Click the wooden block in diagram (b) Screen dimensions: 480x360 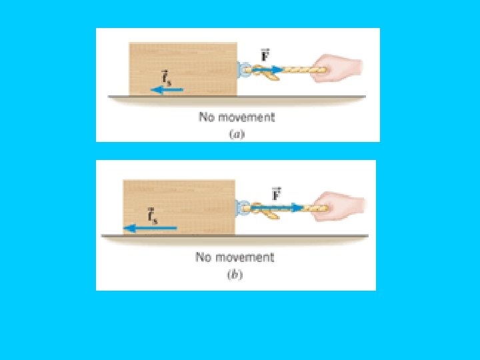pyautogui.click(x=179, y=207)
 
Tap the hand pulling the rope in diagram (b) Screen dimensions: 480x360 pyautogui.click(x=339, y=203)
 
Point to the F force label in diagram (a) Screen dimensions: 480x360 pyautogui.click(x=265, y=54)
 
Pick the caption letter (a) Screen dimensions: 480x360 pyautogui.click(x=236, y=133)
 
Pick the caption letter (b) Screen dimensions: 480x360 pyautogui.click(x=235, y=273)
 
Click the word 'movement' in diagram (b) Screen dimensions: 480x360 pyautogui.click(x=244, y=257)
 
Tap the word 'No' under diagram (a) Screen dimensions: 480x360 pyautogui.click(x=206, y=117)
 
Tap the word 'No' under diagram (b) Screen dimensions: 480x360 pyautogui.click(x=203, y=257)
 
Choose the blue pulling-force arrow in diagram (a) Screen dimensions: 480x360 pyautogui.click(x=271, y=68)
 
